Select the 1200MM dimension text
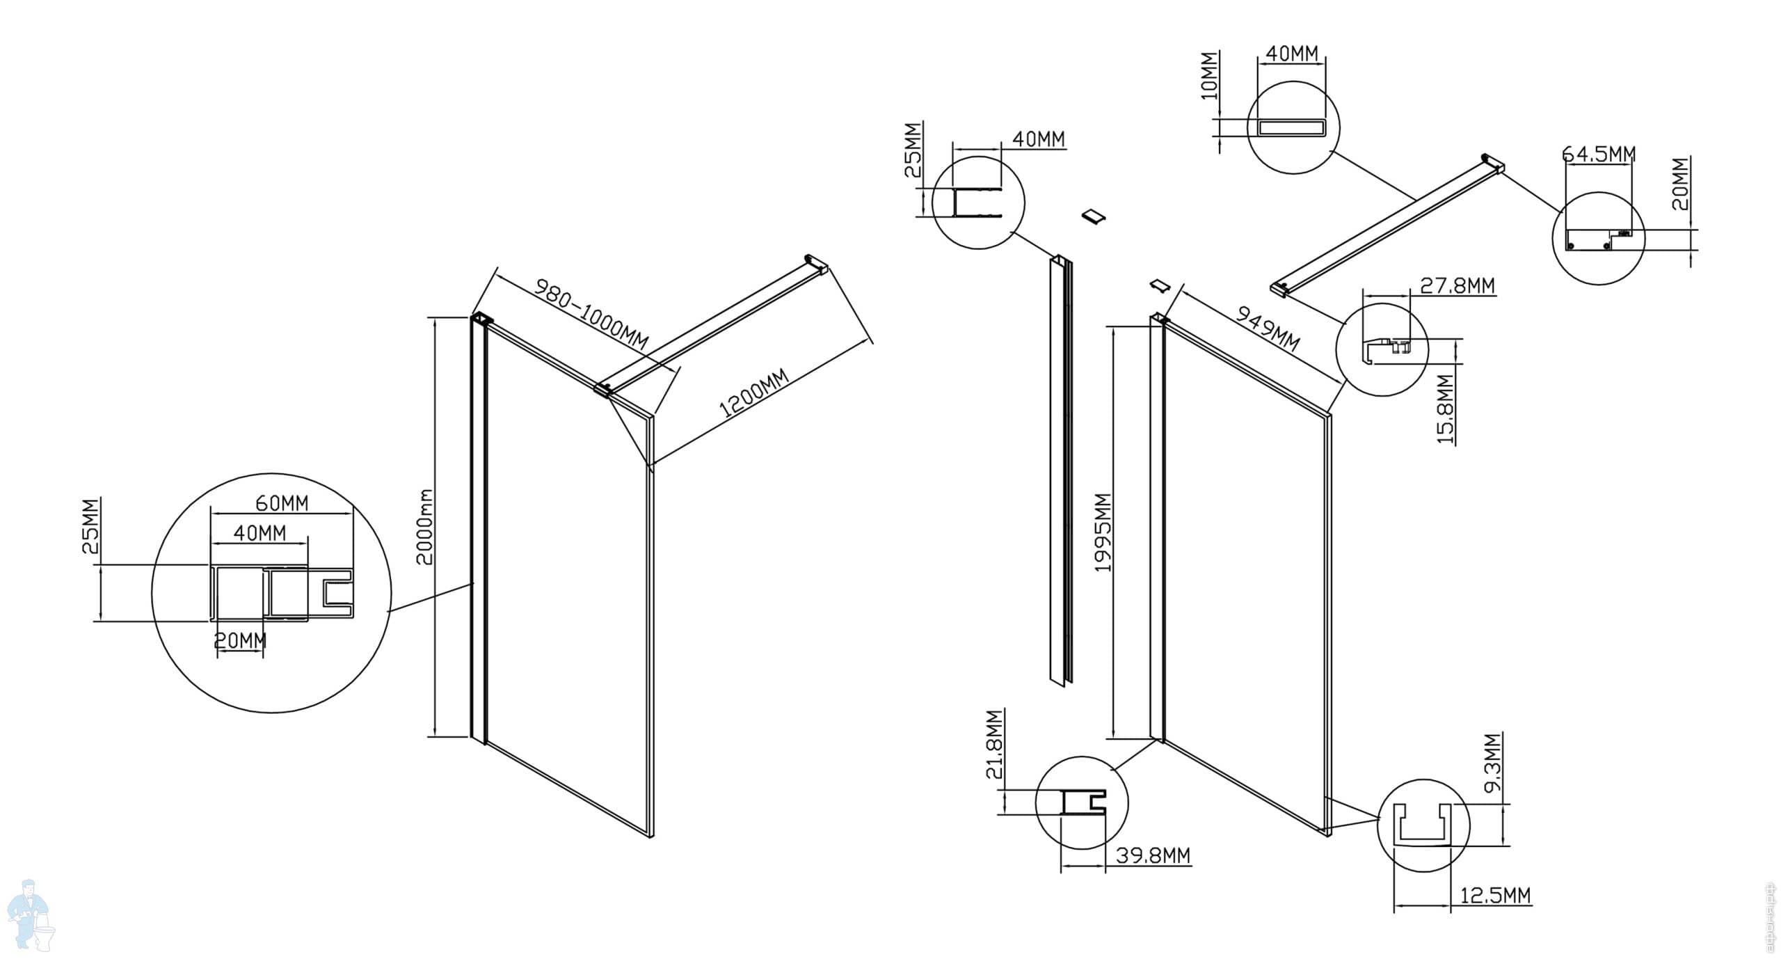click(754, 393)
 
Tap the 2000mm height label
click(424, 526)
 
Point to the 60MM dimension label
click(282, 502)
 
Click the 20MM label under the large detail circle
click(240, 640)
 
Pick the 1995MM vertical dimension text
click(1103, 532)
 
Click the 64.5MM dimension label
click(1599, 154)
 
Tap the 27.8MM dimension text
click(1457, 285)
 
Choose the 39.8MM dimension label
click(1153, 855)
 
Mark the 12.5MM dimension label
click(1494, 895)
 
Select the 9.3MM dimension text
click(1492, 763)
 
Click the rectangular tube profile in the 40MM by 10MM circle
click(1293, 127)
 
